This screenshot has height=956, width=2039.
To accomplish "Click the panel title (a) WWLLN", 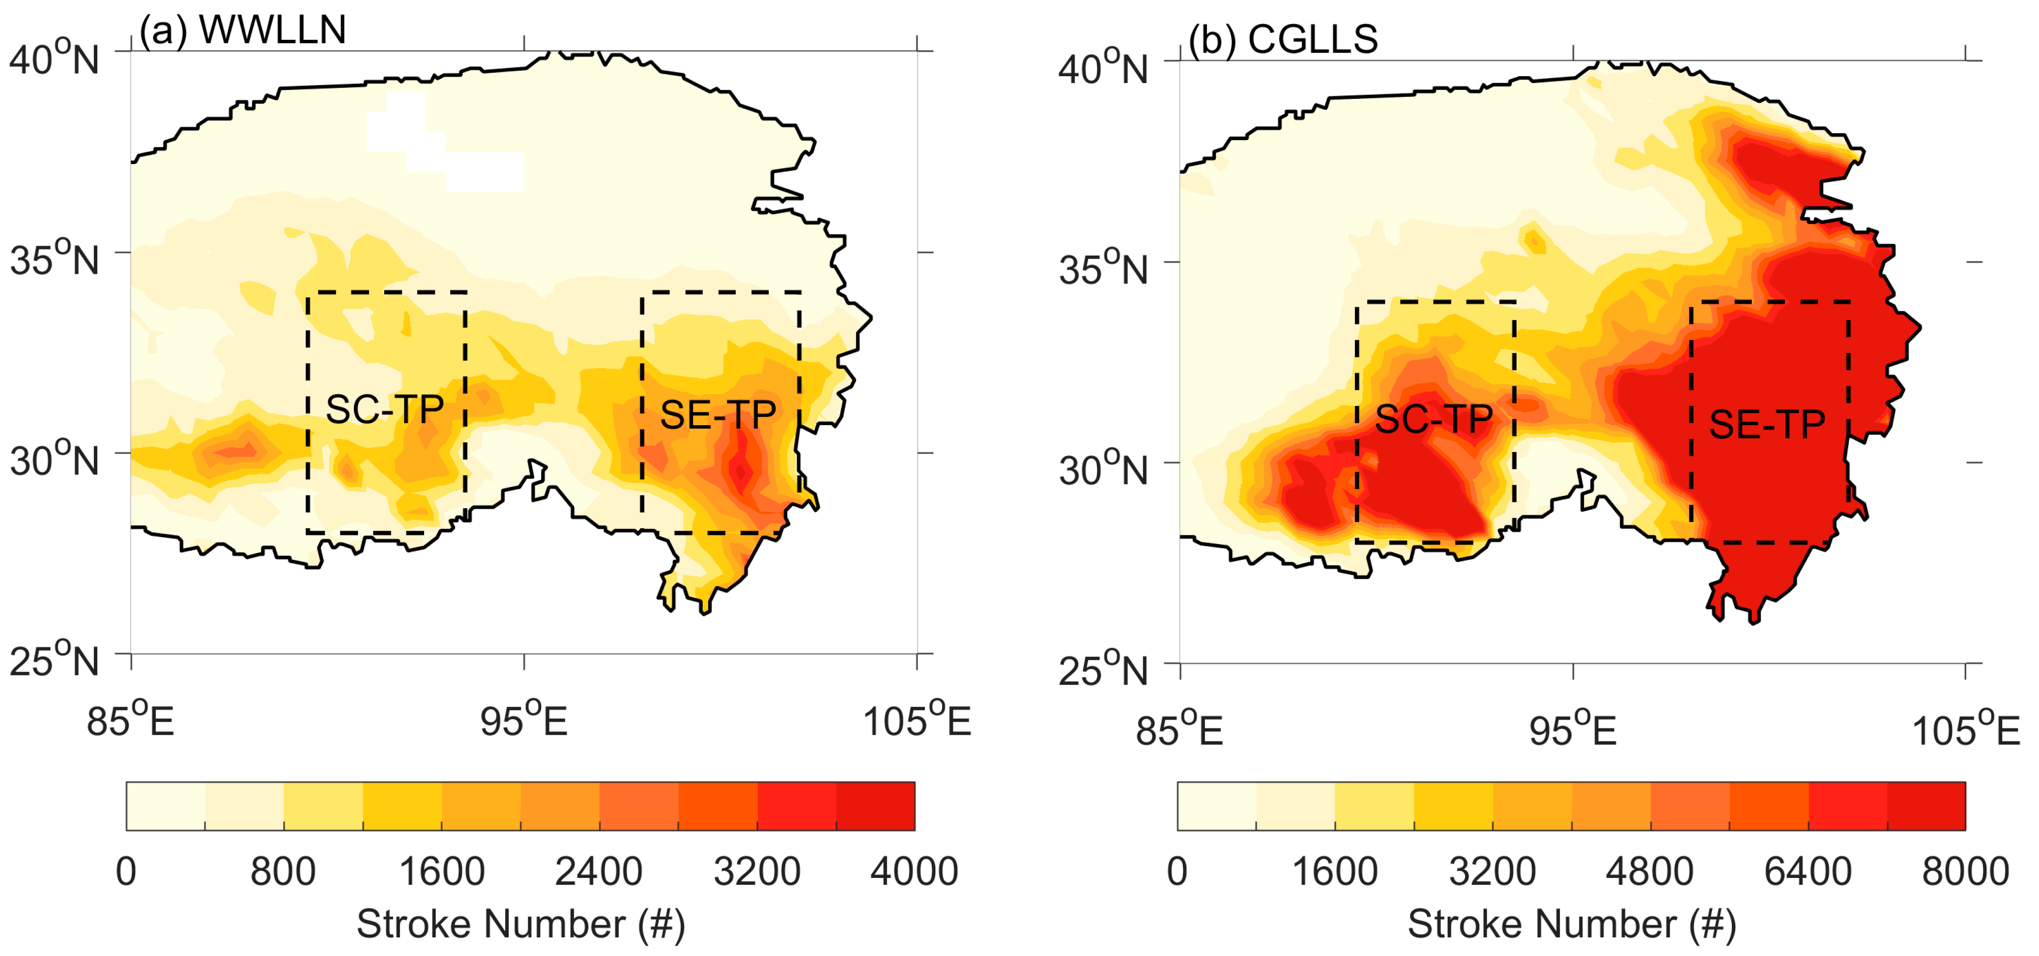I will click(x=242, y=30).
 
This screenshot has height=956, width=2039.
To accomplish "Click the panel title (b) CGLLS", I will click(x=1283, y=39).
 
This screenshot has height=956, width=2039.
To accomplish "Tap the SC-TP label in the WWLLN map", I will click(x=385, y=409).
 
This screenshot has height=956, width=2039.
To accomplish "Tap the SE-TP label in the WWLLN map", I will click(x=718, y=415).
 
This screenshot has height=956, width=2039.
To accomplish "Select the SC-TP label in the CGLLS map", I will click(x=1434, y=419).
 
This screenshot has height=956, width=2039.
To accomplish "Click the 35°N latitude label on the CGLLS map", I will click(x=1103, y=269).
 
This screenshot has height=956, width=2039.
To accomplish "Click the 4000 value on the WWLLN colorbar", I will click(x=914, y=871).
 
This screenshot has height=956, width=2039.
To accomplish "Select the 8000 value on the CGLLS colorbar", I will click(x=1965, y=871).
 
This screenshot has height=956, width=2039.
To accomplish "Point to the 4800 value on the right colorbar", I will click(x=1650, y=871).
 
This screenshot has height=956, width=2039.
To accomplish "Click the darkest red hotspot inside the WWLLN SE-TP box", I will click(x=740, y=471).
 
